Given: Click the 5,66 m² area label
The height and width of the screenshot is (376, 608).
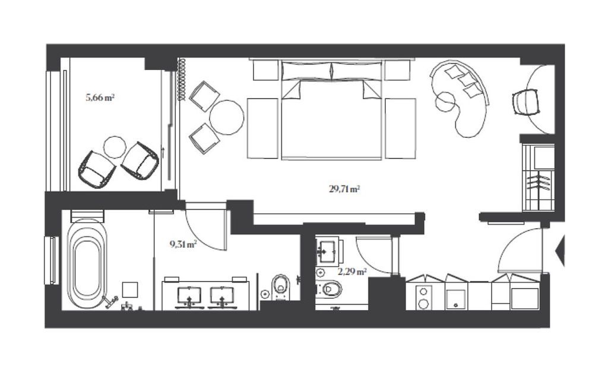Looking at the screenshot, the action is (x=100, y=97).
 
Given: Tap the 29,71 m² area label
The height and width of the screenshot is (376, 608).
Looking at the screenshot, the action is (x=344, y=189).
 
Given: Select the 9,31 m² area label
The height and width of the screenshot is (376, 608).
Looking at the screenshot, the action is (x=183, y=245).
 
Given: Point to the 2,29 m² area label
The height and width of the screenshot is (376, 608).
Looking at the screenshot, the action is (x=351, y=271).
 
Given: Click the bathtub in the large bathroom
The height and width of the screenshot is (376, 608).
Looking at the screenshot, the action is (x=87, y=264).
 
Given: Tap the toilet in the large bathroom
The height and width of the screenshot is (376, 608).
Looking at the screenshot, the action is (x=281, y=287).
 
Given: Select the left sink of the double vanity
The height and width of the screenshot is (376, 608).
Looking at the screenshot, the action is (x=189, y=296).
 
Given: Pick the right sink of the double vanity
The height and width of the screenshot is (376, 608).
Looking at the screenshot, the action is (x=222, y=296).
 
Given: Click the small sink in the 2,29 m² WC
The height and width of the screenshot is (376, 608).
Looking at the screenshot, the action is (x=328, y=250).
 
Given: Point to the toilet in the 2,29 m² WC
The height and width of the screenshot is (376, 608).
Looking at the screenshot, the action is (x=329, y=289).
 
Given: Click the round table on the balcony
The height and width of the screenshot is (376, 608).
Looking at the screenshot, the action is (x=115, y=147).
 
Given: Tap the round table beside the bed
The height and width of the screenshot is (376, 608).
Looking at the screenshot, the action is (x=227, y=117).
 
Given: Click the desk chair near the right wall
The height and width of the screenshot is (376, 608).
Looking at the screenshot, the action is (x=526, y=102).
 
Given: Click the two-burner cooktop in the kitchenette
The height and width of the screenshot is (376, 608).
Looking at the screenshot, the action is (x=424, y=298).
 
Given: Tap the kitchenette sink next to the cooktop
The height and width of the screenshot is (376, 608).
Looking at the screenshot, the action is (x=456, y=299).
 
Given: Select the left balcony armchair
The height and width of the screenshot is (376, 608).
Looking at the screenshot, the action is (x=97, y=169).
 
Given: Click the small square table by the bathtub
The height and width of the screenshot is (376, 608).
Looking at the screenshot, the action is (x=130, y=289).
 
